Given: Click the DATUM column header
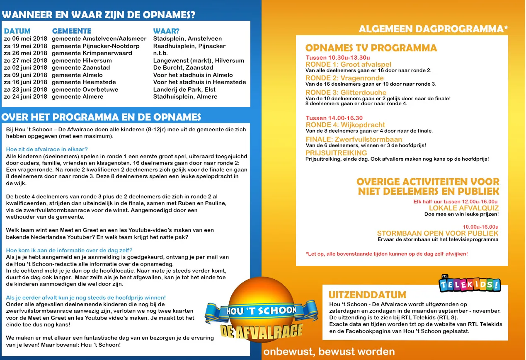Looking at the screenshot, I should tap(17, 31).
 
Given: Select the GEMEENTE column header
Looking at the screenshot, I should tap(72, 31).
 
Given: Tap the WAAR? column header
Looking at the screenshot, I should tap(166, 31).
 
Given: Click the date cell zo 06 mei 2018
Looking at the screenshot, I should tap(26, 39).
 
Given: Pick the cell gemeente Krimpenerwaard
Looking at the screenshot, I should tap(92, 53).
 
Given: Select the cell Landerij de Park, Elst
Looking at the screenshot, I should tap(184, 89).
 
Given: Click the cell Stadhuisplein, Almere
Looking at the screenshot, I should tap(185, 97).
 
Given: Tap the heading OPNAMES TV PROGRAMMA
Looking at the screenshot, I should tap(371, 48).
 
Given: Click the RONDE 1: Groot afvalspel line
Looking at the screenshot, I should tap(348, 64).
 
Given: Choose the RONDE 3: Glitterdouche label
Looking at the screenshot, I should tap(346, 92).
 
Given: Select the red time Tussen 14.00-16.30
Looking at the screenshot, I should tap(334, 118).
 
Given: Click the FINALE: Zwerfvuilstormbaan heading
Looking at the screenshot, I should tap(354, 139).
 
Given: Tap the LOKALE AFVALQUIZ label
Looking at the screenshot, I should tap(463, 208).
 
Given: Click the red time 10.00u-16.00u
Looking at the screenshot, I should tap(480, 227).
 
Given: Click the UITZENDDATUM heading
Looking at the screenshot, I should tap(367, 295).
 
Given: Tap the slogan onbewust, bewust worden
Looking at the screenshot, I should tap(329, 352).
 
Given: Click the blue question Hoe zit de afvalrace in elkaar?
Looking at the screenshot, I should tap(47, 149).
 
